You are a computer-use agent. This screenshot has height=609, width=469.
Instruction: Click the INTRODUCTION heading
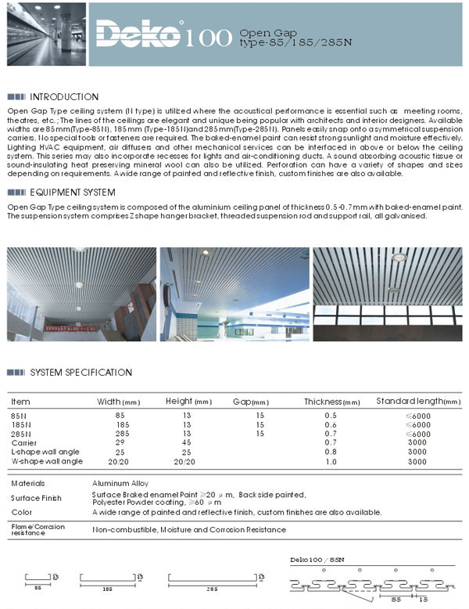pos(63,97)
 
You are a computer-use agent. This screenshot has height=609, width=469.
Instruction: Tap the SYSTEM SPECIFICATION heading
pos(81,373)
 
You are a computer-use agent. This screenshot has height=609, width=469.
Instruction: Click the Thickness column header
pos(331,402)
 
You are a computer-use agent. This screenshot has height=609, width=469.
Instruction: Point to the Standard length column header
pos(418,402)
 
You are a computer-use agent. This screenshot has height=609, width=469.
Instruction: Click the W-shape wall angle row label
pos(47,461)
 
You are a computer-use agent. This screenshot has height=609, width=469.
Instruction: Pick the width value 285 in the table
pos(121,433)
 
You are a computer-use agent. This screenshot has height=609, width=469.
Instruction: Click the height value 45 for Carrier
pos(187,442)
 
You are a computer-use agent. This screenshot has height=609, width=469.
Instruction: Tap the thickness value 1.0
pos(331,461)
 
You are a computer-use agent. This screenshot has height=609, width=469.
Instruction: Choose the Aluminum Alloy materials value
pos(120,483)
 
